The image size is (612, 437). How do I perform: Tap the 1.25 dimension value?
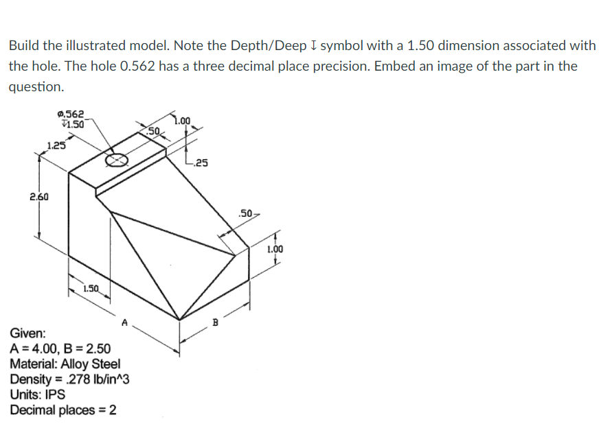[56, 145]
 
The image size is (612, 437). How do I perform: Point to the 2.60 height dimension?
[38, 197]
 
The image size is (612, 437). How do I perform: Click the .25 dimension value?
[201, 163]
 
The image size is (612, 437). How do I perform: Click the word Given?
[27, 334]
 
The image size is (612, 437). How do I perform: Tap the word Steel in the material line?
[105, 364]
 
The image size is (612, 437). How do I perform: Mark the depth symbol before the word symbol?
[313, 46]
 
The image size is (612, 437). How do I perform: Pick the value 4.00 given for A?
[41, 349]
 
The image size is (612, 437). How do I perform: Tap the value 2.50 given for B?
[93, 349]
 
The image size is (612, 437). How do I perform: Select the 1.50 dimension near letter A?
[91, 288]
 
